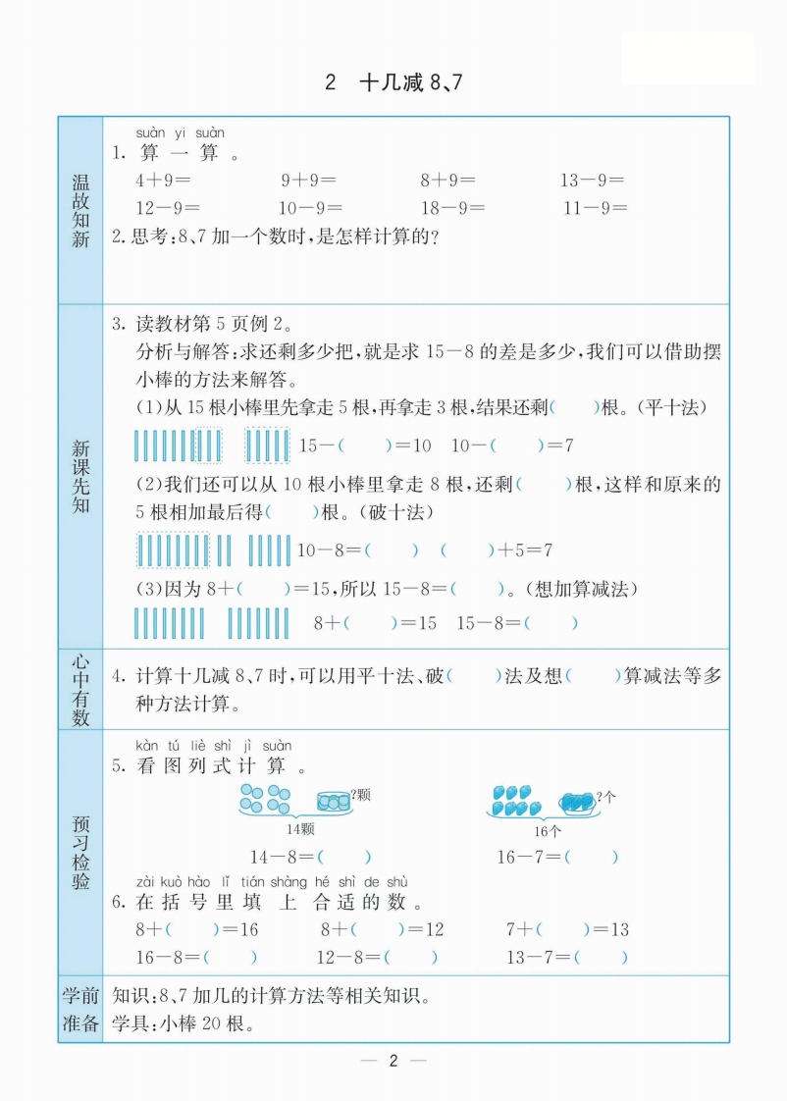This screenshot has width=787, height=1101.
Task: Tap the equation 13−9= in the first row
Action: coord(592,181)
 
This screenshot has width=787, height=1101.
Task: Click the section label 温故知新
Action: coord(80,211)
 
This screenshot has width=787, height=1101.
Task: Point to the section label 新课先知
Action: coord(80,476)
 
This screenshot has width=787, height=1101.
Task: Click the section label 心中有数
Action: coord(80,689)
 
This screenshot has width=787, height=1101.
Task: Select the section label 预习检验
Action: coord(80,851)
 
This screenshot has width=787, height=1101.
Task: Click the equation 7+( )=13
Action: coord(567,929)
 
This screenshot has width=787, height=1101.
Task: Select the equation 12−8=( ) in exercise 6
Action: coord(377,958)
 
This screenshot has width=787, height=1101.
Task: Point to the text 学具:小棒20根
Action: coord(184,1025)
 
